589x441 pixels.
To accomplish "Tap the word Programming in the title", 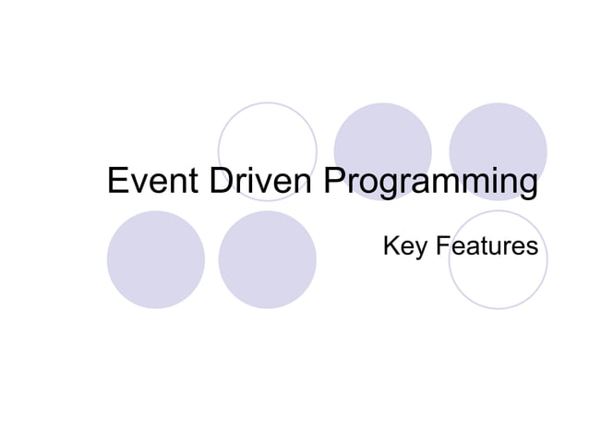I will (429, 183).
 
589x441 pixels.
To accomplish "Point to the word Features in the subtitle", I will (487, 247).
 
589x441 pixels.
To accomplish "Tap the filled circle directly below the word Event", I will (155, 259).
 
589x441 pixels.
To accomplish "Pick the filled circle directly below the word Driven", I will (268, 259).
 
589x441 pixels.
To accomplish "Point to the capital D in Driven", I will (221, 181).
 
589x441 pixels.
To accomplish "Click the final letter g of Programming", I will (526, 185).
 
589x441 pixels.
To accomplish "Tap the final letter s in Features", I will (532, 248).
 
